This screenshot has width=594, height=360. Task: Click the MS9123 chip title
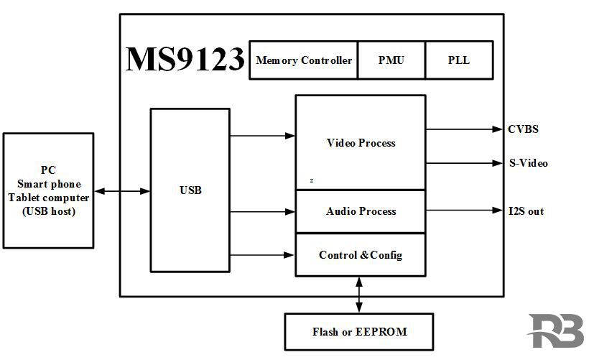coord(185,60)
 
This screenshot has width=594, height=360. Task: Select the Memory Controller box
coord(304,60)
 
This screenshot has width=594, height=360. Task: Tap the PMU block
coord(391,60)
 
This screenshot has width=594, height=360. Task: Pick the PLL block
coord(458,60)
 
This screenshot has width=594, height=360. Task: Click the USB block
coord(190,190)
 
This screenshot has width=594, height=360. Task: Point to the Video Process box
coord(361,143)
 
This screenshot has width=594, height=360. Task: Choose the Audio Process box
coord(361,212)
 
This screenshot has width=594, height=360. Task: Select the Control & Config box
coord(361,255)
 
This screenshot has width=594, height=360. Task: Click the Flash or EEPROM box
coord(359,332)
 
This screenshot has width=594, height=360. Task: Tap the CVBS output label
coord(523,130)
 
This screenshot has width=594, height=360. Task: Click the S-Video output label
coord(528,163)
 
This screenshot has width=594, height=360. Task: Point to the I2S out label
coord(526,211)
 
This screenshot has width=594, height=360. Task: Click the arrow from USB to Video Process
coord(263,135)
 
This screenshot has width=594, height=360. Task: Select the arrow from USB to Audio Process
coord(263,212)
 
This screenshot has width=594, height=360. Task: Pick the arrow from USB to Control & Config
coord(263,255)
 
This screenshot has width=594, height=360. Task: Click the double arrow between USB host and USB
coord(122,191)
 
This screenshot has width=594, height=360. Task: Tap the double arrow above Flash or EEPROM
coord(359,295)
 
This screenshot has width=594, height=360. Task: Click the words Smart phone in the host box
coord(49,184)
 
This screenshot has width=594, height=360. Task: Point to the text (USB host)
coord(49,211)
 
